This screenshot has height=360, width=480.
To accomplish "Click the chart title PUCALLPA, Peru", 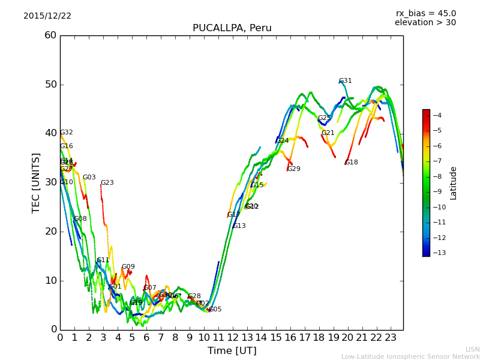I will tap(232, 28).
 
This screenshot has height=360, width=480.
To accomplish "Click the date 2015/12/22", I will tap(47, 16).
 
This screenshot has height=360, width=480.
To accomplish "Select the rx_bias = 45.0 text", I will tap(425, 14).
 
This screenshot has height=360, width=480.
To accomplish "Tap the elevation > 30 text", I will tap(425, 23).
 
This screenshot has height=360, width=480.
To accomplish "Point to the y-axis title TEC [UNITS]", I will tap(36, 182).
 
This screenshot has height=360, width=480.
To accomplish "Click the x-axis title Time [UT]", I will tap(232, 350).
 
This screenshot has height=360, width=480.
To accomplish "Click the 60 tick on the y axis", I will tap(50, 35).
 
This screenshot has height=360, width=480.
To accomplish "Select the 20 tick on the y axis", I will tap(50, 232).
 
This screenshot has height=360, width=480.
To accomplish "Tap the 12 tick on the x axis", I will tap(233, 337).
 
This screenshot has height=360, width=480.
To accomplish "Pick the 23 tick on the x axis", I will tap(391, 337).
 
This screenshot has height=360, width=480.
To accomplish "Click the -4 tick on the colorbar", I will tap(437, 115).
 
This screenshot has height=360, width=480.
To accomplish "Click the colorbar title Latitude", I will tap(454, 183).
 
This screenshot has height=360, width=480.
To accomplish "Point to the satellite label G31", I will tap(345, 81).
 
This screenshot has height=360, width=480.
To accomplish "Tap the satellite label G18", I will tap(351, 163).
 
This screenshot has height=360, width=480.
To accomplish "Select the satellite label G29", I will tap(293, 169).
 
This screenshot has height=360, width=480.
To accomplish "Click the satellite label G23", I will tap(107, 183).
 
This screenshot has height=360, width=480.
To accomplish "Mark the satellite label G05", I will tap(215, 310).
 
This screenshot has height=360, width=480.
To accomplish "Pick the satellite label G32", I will tap(66, 133).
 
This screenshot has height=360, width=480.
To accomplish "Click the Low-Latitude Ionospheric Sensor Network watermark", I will tap(410, 357).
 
